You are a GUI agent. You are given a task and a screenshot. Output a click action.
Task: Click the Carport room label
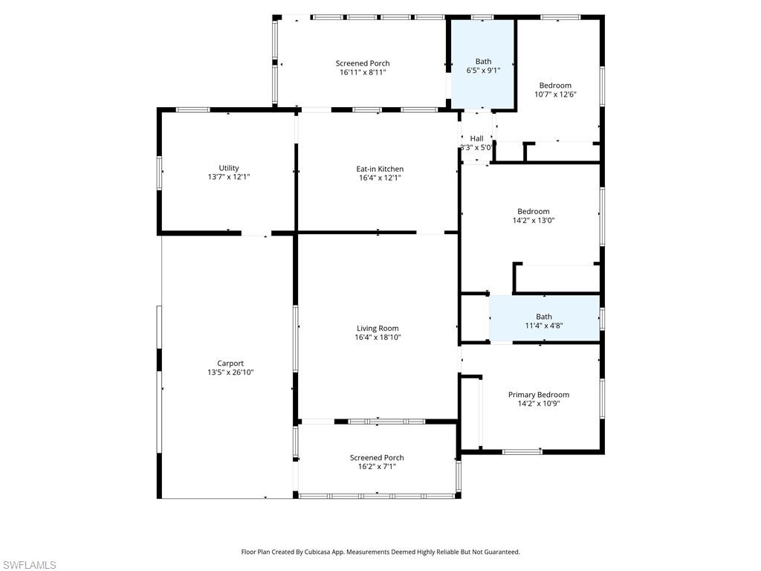230,364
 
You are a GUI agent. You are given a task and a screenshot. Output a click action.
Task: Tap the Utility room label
229,168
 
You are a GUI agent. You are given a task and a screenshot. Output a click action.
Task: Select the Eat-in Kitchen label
380,169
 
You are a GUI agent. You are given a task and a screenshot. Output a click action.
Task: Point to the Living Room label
377,328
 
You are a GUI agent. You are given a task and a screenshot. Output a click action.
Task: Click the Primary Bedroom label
539,395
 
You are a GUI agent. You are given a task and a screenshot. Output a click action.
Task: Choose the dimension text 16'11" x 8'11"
363,72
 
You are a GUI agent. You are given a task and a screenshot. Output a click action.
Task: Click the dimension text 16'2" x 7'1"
377,467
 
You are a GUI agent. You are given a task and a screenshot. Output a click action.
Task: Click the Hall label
477,138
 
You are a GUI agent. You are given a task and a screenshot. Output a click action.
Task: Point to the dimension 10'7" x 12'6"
555,94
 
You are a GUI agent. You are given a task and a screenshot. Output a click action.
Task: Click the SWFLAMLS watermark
28,565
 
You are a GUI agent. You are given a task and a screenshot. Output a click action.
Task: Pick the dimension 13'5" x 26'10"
230,372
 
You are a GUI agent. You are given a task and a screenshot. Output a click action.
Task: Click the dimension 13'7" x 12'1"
229,177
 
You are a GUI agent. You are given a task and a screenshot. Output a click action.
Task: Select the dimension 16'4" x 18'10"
377,337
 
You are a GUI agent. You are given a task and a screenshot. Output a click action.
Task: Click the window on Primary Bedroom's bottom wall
522,451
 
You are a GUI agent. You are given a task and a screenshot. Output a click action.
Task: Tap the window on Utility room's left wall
159,172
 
